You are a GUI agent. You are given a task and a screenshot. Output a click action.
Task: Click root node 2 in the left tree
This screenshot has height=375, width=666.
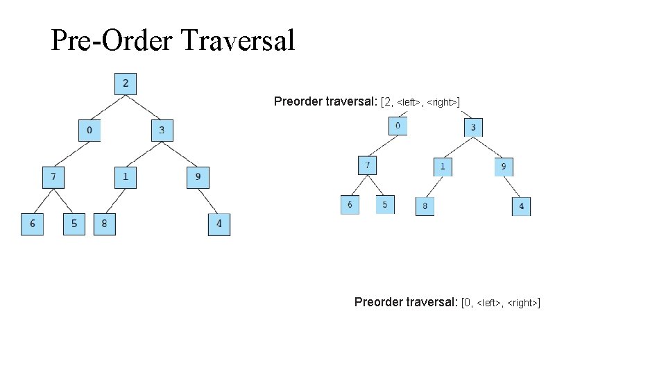pyautogui.click(x=126, y=84)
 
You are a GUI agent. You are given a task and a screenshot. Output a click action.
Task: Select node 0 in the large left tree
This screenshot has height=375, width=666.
pyautogui.click(x=89, y=131)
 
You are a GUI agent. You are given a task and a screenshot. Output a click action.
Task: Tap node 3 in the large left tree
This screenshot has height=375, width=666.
pyautogui.click(x=162, y=131)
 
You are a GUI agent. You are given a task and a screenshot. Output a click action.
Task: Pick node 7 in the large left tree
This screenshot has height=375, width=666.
pyautogui.click(x=53, y=177)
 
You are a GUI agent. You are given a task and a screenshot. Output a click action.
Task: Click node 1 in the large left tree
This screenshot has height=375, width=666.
pyautogui.click(x=126, y=177)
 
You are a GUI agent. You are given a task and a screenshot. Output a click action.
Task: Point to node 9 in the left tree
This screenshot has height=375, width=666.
pyautogui.click(x=198, y=177)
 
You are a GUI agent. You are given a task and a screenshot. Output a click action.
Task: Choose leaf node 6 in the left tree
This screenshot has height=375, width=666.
pyautogui.click(x=32, y=224)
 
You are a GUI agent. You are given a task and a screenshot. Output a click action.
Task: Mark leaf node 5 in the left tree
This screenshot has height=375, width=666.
pyautogui.click(x=74, y=224)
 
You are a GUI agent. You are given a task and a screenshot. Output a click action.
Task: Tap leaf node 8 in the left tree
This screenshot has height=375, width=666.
pyautogui.click(x=105, y=224)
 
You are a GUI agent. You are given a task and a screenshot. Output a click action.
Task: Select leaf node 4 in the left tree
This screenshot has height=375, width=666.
pyautogui.click(x=219, y=224)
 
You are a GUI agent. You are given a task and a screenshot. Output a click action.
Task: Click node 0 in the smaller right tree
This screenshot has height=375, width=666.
pyautogui.click(x=398, y=126)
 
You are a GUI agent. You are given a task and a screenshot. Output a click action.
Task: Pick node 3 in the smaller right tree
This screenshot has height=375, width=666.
pyautogui.click(x=473, y=127)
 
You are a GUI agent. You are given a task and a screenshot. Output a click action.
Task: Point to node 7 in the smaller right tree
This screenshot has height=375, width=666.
pyautogui.click(x=368, y=166)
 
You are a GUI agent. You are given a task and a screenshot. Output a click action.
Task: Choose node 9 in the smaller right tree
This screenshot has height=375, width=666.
pyautogui.click(x=503, y=167)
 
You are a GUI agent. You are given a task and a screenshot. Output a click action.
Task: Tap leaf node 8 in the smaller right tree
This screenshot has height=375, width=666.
pyautogui.click(x=425, y=206)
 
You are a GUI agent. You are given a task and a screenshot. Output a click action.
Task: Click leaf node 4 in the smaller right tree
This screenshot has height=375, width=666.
pyautogui.click(x=521, y=206)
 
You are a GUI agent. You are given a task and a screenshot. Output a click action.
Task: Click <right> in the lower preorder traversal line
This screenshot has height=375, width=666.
pyautogui.click(x=523, y=303)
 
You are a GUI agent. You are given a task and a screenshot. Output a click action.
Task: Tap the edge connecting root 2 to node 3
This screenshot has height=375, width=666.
pyautogui.click(x=144, y=108)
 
